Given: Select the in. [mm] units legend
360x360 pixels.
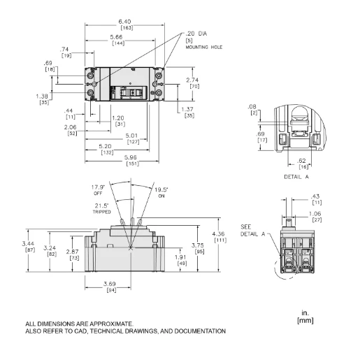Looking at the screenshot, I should point(305,317).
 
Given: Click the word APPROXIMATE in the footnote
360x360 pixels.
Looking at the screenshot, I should point(108,324).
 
